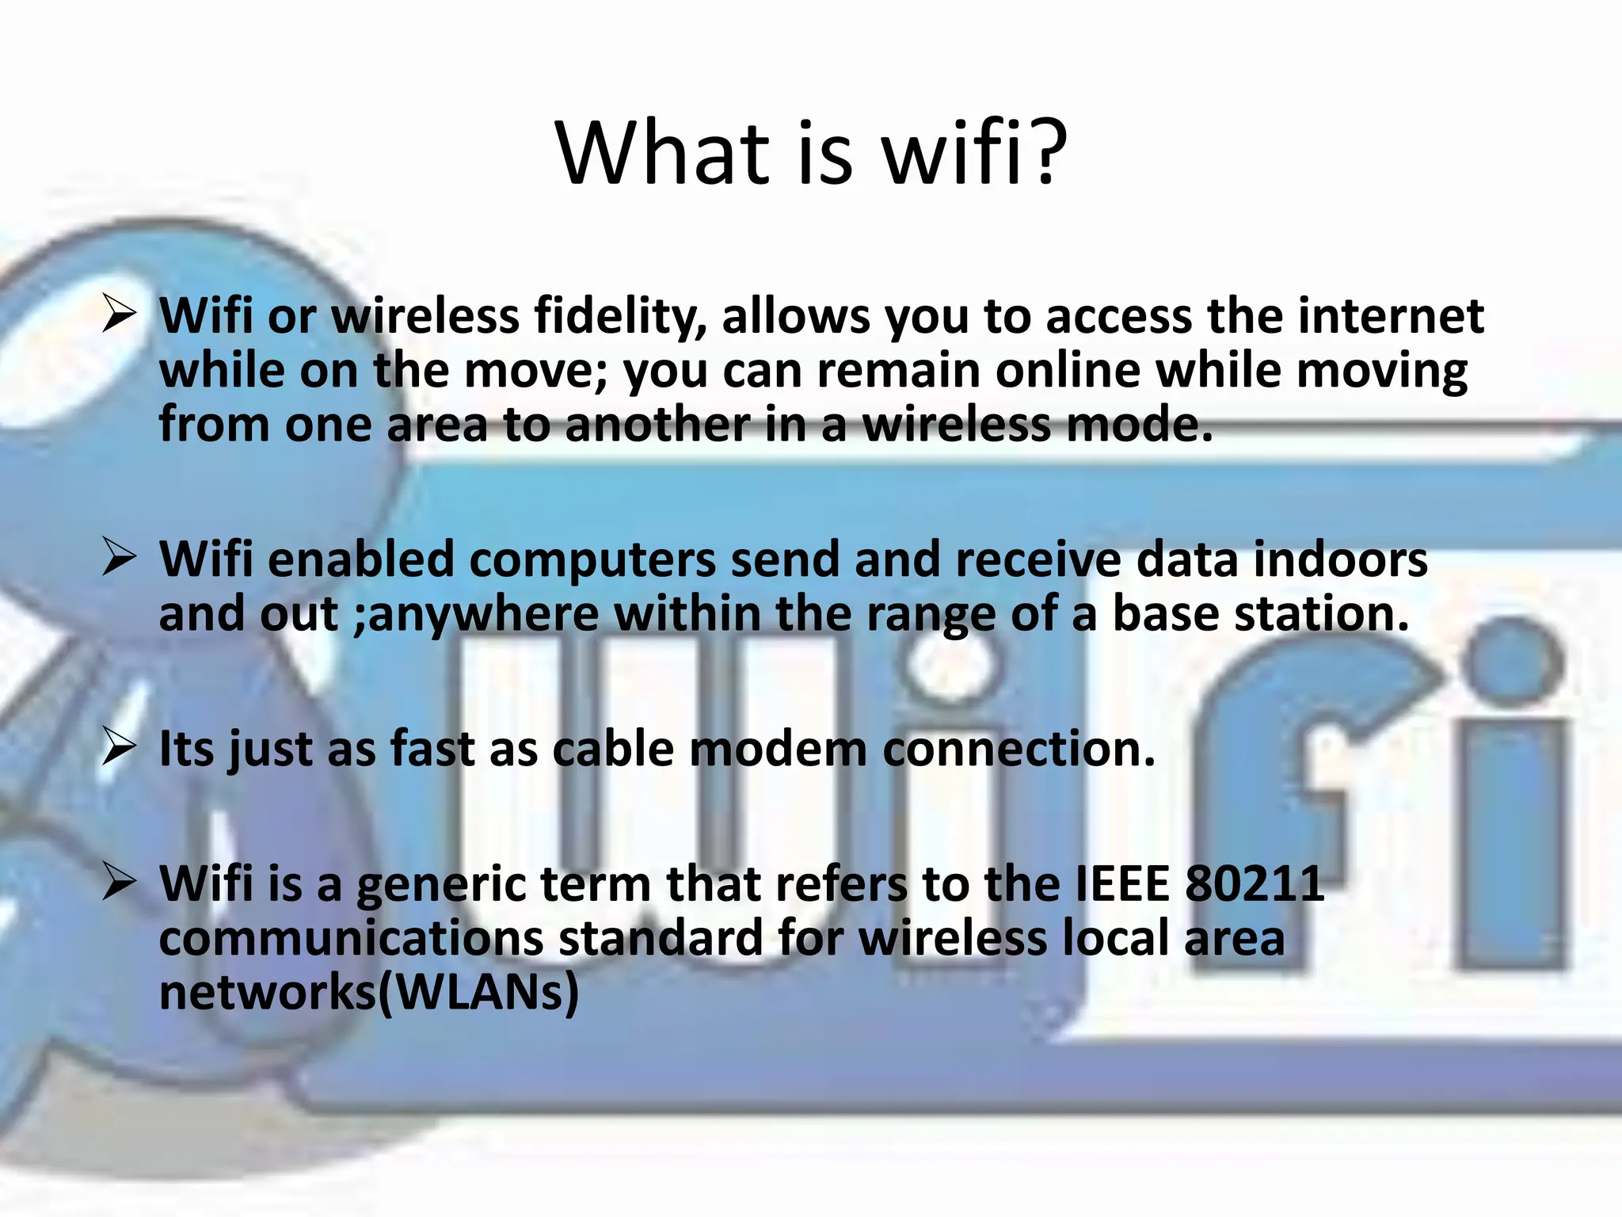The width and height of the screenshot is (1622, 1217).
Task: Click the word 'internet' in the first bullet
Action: (x=1390, y=315)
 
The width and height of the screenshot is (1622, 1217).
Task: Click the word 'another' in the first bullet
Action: (x=657, y=424)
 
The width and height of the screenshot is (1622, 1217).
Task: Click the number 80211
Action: (x=1255, y=883)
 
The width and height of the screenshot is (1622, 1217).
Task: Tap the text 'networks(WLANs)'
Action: (x=369, y=992)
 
